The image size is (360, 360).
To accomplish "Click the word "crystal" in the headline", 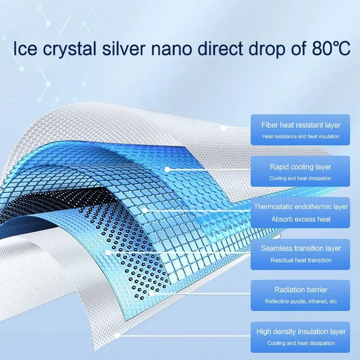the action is click(x=70, y=49).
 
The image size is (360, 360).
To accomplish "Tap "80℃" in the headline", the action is click(x=331, y=49).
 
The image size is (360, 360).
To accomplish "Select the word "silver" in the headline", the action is click(x=123, y=49).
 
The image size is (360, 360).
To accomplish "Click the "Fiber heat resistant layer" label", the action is click(x=301, y=125).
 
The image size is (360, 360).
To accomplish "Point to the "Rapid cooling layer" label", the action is click(x=301, y=167).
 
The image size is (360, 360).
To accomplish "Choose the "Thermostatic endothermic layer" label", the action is click(x=301, y=207).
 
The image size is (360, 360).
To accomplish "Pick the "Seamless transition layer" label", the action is click(x=301, y=248).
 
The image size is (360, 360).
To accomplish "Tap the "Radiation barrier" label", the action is click(x=301, y=290).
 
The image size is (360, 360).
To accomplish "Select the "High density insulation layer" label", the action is click(x=301, y=332).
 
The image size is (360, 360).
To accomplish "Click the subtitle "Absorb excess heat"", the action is click(x=301, y=219).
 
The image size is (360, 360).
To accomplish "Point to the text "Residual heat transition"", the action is click(x=301, y=260).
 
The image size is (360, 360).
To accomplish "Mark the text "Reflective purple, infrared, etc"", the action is click(x=301, y=301).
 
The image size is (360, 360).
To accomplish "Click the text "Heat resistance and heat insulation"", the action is click(x=301, y=136).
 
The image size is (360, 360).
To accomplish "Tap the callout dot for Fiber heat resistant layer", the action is click(x=223, y=128).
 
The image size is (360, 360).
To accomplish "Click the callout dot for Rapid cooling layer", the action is click(x=167, y=170).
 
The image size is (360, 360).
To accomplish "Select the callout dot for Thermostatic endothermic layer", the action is click(x=144, y=210).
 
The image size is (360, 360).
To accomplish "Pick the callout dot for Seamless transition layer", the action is click(x=108, y=252).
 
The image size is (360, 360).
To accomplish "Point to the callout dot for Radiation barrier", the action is click(x=151, y=294).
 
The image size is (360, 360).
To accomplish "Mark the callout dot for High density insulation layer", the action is click(x=117, y=336).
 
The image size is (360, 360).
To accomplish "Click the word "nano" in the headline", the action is click(x=171, y=49).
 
